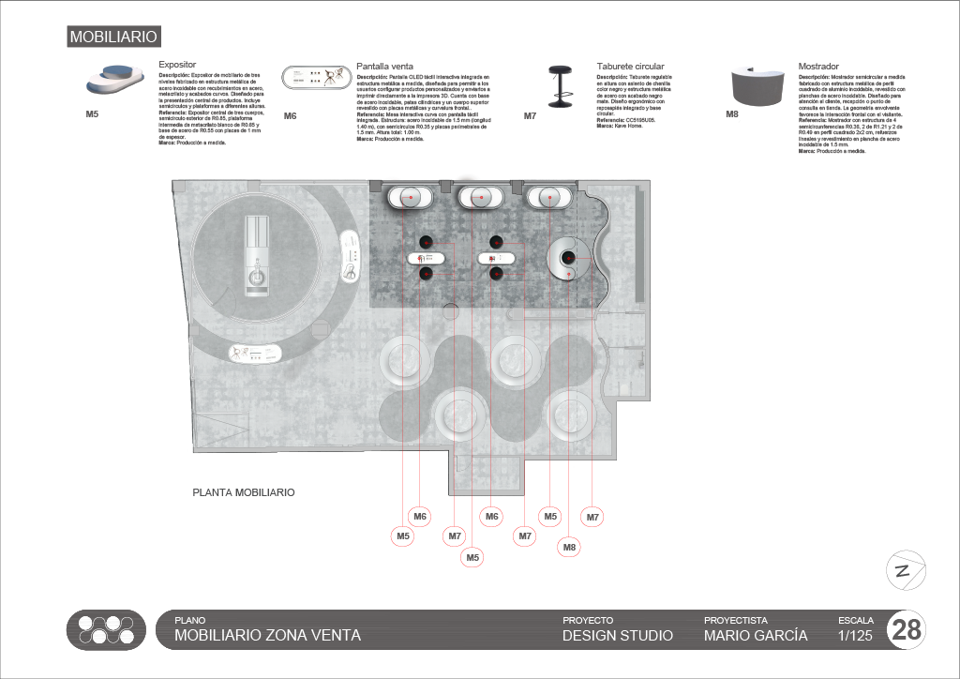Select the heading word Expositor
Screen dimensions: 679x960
click(177, 67)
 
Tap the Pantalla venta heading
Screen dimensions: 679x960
click(385, 67)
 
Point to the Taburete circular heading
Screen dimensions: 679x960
click(630, 67)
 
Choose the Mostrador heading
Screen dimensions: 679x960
click(818, 67)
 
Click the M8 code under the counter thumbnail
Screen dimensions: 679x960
click(733, 114)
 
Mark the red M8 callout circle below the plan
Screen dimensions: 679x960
click(570, 547)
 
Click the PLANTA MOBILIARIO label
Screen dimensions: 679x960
click(244, 492)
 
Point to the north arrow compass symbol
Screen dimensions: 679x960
click(906, 570)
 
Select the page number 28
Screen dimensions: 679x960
click(907, 630)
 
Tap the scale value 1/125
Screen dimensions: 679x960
click(854, 636)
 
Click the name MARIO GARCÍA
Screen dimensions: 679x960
click(755, 636)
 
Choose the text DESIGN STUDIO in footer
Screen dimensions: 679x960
click(617, 636)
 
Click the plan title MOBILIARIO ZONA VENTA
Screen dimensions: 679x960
click(267, 636)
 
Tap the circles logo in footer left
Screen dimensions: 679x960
click(107, 630)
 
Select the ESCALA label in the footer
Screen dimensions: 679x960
click(855, 620)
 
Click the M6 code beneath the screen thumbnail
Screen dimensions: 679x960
click(290, 116)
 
